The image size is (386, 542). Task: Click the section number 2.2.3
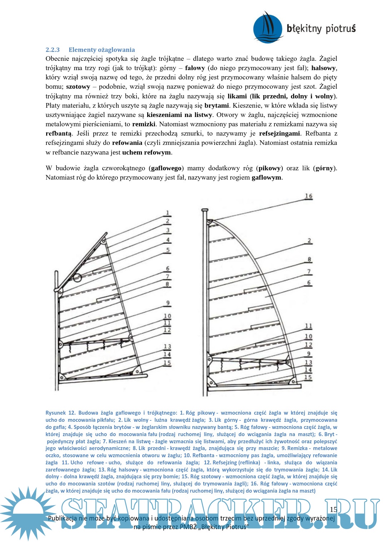point(53,50)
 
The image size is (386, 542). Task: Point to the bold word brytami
point(217,106)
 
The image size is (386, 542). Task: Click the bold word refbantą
point(59,133)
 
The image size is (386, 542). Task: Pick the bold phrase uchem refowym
point(147,152)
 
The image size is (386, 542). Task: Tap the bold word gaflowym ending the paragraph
point(266,177)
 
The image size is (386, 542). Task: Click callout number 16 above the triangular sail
point(308,196)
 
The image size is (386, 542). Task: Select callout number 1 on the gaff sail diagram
point(167,213)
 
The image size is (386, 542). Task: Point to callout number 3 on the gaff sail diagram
point(168,230)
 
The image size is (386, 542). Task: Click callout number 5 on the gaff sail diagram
point(168,250)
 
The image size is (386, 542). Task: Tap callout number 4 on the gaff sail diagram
point(168,240)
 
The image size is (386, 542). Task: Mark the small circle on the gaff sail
point(77,277)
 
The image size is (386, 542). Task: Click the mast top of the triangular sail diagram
point(204,210)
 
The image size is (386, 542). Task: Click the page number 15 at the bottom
point(333,509)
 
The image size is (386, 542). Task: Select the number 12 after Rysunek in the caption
point(71,413)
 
